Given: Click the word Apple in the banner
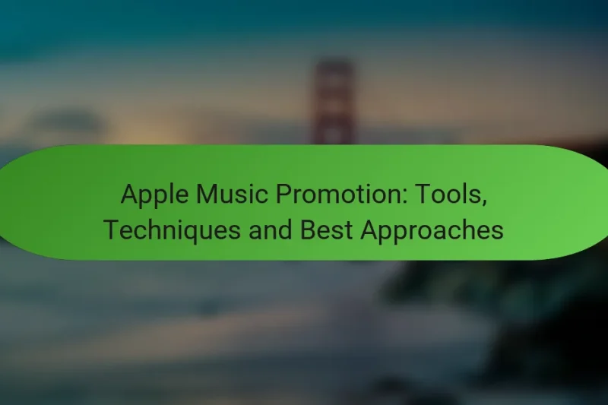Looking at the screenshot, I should click(x=153, y=197).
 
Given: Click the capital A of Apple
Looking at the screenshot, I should click(x=129, y=197).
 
